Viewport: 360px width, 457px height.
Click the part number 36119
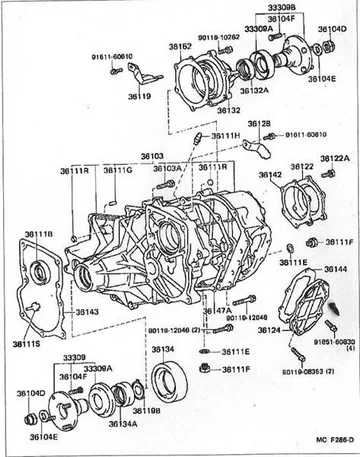139,97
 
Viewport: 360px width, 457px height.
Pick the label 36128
259,123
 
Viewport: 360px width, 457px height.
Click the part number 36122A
335,158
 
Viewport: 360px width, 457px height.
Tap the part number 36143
87,312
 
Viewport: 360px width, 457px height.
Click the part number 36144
335,269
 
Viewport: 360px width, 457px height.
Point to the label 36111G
116,171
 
